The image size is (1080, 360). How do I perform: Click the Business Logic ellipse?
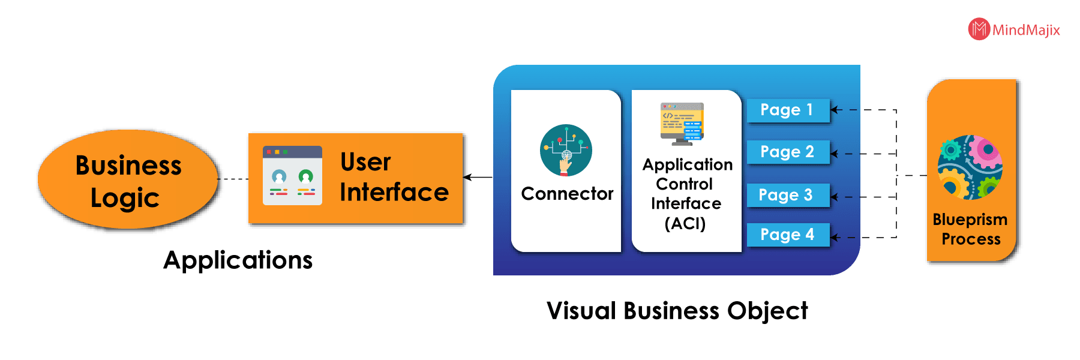128,180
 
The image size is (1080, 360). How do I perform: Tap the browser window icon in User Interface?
292,176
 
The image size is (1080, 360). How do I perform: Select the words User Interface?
394,177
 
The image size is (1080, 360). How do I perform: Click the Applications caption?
238,260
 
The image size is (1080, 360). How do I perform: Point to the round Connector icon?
566,150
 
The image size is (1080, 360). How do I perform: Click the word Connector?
567,194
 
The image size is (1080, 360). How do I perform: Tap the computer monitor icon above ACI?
682,124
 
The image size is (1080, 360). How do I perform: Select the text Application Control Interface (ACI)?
687,194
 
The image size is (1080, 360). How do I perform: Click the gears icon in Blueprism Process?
970,167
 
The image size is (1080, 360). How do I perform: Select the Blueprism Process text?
970,229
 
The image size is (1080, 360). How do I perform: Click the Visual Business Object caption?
677,311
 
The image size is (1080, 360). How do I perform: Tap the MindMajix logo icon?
979,29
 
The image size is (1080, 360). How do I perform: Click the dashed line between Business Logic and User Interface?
234,179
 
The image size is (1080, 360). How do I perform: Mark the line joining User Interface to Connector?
481,177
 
